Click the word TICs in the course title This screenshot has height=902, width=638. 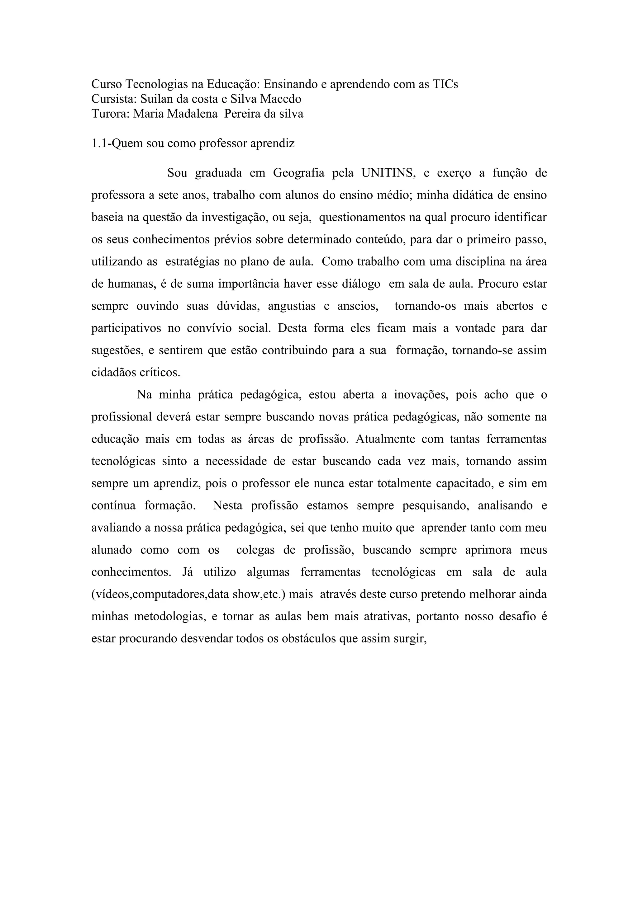click(445, 84)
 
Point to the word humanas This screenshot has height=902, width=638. click(131, 284)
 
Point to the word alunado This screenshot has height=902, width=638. click(112, 550)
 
